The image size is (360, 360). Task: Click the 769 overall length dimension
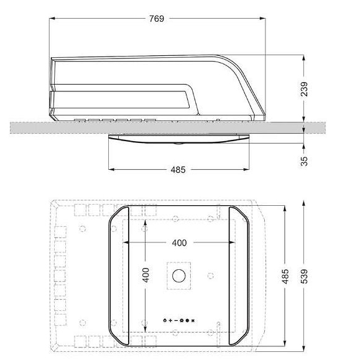tap(157, 19)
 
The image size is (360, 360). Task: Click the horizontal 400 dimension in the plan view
tap(179, 242)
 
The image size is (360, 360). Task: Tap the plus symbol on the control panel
tap(170, 320)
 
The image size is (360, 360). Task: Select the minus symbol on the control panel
tap(175, 320)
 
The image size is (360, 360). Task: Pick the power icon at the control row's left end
tap(164, 320)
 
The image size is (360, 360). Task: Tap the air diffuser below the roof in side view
tap(180, 140)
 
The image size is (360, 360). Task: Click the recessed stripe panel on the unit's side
tap(124, 96)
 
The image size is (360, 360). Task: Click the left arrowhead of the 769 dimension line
tap(52, 19)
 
